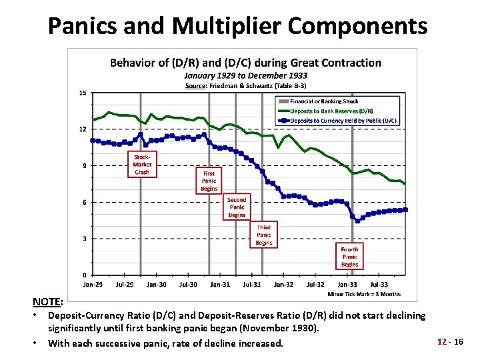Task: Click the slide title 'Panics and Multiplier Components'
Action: tap(238, 25)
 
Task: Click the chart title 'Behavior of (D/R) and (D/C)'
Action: tap(245, 63)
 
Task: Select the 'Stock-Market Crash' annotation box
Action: tap(142, 164)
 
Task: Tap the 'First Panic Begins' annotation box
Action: tap(209, 181)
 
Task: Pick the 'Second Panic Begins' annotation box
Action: tap(237, 207)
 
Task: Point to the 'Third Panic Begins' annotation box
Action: tap(264, 235)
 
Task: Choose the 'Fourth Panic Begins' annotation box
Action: tap(349, 257)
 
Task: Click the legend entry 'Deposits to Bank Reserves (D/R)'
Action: tap(331, 111)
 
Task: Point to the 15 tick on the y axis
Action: tap(82, 93)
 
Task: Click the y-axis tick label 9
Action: tap(83, 166)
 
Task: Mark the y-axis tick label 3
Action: tap(83, 239)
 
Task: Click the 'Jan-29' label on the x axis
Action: tap(93, 285)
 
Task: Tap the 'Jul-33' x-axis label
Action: tap(379, 285)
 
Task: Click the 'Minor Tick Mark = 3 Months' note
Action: tap(364, 293)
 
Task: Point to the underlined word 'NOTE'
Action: tap(47, 302)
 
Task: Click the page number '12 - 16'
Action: tap(450, 341)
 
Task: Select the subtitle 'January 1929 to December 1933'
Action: tap(245, 75)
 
